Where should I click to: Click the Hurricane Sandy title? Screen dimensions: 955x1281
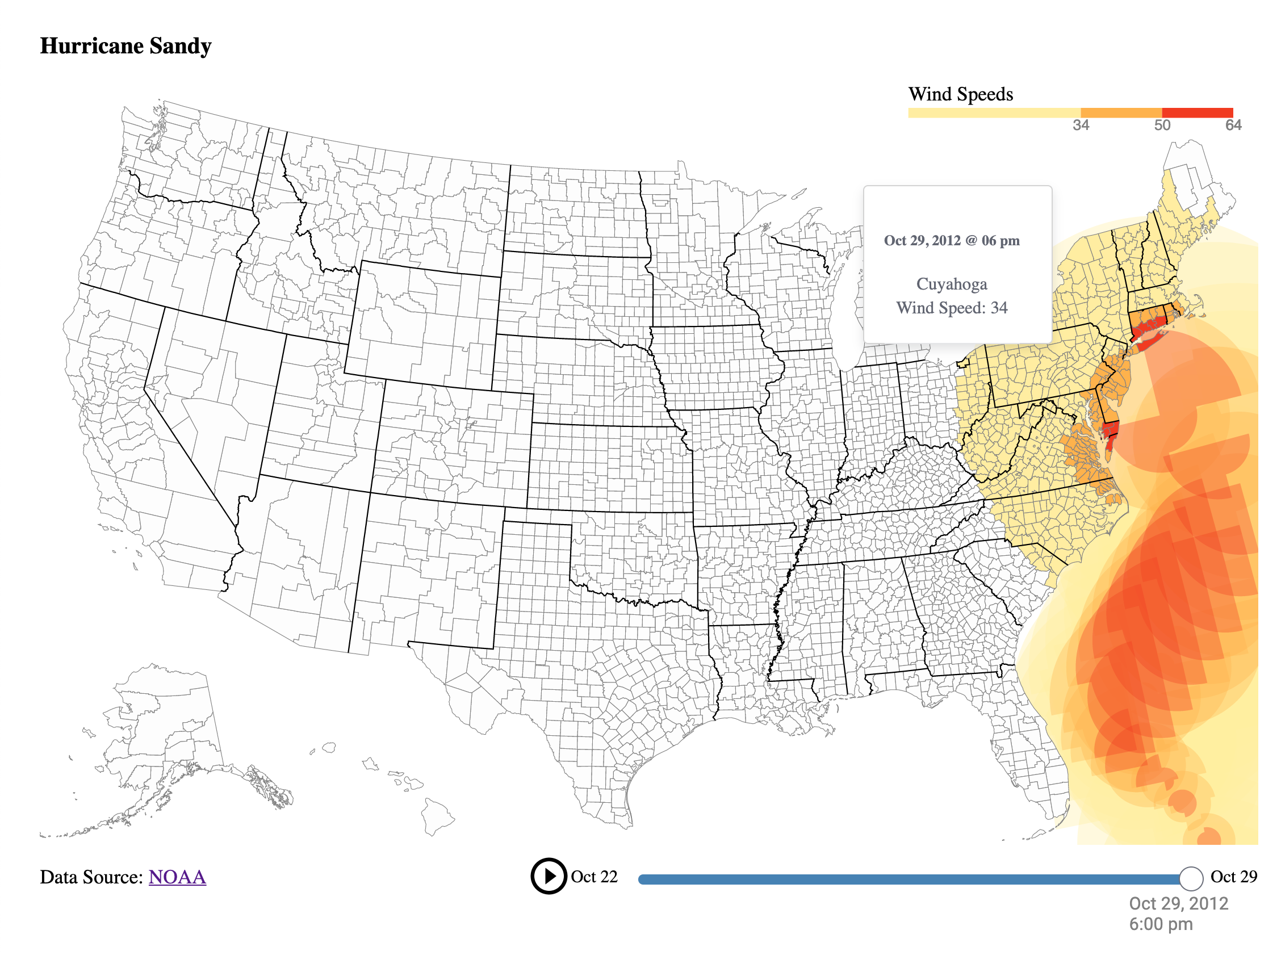[x=125, y=45]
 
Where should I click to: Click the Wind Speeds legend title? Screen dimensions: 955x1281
[x=960, y=94]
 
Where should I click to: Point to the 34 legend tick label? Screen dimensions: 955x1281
[x=1081, y=125]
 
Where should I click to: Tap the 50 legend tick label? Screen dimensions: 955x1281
[x=1162, y=125]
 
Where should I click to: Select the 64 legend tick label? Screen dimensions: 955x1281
[x=1233, y=125]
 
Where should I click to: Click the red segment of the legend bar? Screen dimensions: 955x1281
[x=1196, y=112]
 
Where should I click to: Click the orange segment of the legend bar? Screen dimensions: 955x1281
[x=1120, y=112]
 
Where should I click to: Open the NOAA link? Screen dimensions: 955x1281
[x=177, y=877]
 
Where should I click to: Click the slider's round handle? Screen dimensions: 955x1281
[x=1191, y=879]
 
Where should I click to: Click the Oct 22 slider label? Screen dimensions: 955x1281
[x=594, y=877]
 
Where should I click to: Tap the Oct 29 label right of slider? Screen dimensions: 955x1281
[x=1233, y=877]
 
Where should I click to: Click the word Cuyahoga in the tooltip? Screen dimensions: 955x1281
[x=952, y=284]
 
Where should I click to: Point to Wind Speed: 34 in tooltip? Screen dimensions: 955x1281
[x=952, y=308]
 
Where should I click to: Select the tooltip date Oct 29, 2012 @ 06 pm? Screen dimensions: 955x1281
[x=952, y=241]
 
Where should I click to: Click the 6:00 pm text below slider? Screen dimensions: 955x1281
[x=1161, y=924]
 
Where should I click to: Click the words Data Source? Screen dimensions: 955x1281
[x=91, y=877]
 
